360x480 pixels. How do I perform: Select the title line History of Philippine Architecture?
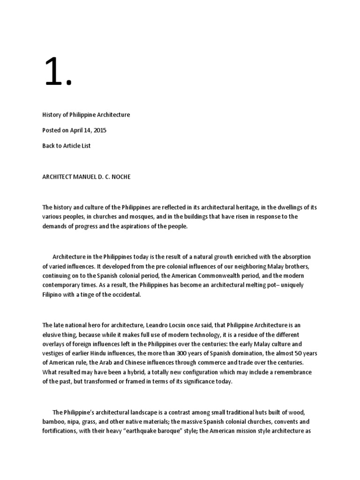click(86, 114)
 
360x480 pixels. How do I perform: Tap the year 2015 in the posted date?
click(99, 130)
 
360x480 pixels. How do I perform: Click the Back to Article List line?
click(66, 145)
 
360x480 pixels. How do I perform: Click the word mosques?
click(141, 216)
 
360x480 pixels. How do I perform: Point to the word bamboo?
click(52, 421)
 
